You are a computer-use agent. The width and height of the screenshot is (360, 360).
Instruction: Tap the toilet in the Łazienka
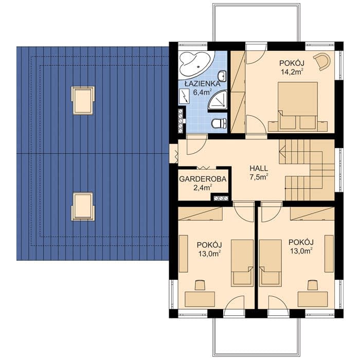219,123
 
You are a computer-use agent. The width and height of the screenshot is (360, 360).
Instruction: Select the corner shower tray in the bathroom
218,100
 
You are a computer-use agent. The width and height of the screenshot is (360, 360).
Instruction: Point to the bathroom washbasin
222,75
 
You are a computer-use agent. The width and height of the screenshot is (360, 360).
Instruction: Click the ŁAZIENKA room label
203,84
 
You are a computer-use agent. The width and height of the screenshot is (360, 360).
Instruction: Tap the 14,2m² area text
292,71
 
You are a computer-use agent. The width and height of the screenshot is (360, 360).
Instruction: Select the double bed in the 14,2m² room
298,106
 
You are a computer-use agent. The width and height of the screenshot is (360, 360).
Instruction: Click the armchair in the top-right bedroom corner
322,60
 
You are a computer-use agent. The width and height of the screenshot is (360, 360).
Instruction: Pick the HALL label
259,168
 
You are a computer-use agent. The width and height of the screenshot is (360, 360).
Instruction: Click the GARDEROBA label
203,179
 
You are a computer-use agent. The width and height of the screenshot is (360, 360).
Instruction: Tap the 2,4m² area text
203,188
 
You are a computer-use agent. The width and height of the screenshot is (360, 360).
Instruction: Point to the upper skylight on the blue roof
83,100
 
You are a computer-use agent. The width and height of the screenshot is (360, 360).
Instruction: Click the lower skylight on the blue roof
83,207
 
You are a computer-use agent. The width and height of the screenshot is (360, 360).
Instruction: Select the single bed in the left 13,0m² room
242,263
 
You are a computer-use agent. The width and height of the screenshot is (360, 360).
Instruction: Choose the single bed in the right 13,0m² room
271,263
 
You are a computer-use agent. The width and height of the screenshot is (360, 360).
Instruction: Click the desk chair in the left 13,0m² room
200,285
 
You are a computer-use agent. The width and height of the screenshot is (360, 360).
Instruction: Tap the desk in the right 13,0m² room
313,299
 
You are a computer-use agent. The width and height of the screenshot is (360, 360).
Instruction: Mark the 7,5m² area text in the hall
259,177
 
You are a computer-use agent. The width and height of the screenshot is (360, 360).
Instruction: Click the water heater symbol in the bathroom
185,97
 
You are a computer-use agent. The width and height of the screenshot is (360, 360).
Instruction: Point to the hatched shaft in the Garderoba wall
221,199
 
